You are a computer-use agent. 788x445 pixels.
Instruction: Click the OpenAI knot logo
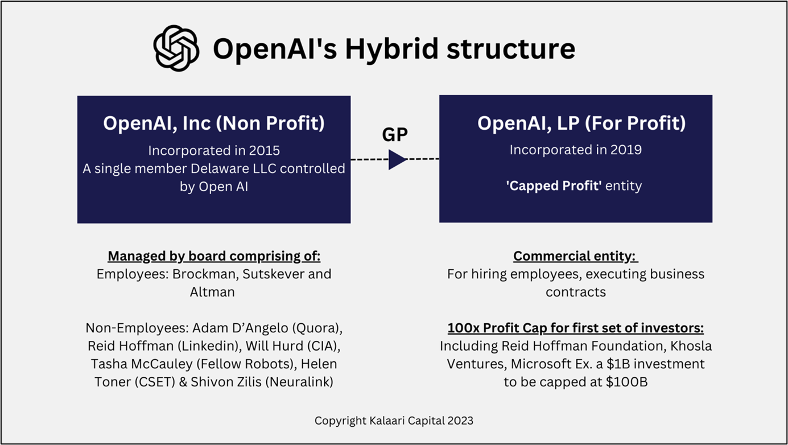[176, 49]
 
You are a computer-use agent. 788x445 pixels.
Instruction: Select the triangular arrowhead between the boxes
[397, 159]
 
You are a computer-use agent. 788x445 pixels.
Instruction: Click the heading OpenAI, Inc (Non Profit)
[214, 123]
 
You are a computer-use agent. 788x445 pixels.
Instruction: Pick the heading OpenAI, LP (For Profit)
[575, 123]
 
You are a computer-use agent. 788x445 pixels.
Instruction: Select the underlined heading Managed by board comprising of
[214, 256]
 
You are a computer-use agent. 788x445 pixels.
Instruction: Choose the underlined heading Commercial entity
[575, 256]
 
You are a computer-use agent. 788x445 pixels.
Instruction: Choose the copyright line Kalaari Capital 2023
[394, 421]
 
